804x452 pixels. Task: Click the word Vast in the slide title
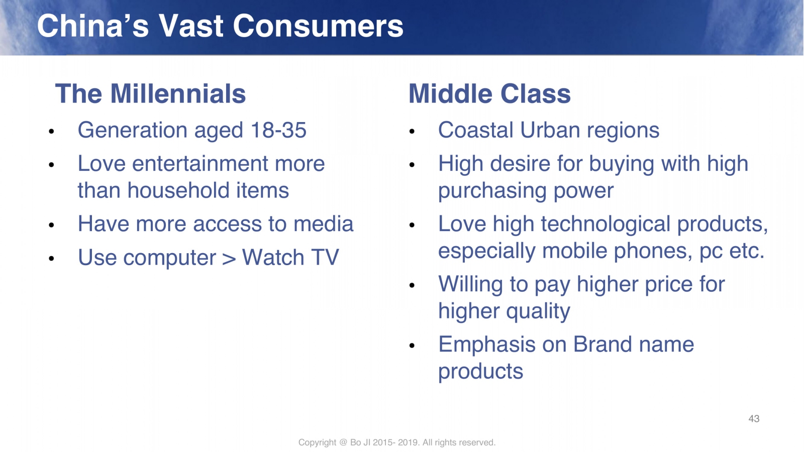[190, 26]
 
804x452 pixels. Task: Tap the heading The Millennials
[150, 93]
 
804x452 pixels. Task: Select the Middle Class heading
[489, 93]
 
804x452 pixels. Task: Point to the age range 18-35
[278, 130]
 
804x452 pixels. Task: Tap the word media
[323, 224]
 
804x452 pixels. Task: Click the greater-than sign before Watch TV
[229, 258]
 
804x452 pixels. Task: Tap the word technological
[606, 224]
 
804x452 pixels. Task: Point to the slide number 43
[754, 419]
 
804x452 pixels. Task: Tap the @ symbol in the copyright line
[343, 442]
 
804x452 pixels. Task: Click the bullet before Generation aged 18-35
[51, 131]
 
